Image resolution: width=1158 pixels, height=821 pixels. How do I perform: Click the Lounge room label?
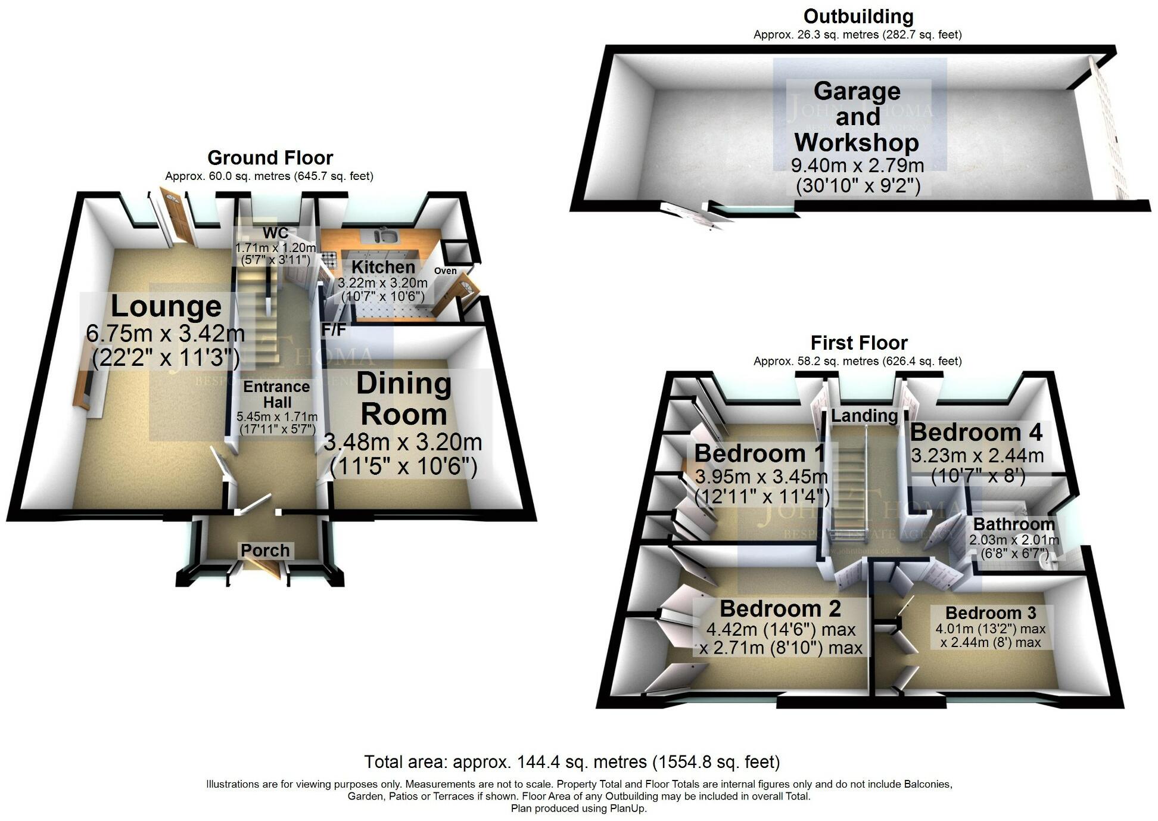click(166, 307)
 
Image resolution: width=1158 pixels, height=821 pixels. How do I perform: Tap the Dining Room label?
click(403, 399)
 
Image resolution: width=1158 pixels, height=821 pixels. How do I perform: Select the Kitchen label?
click(383, 267)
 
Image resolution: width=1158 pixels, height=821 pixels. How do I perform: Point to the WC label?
click(276, 233)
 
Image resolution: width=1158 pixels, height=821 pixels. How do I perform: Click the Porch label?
click(265, 550)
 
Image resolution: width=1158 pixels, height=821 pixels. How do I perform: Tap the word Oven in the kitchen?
click(445, 271)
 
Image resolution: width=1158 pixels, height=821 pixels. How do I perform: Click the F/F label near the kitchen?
click(334, 329)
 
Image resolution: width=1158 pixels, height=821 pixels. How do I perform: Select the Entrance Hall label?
click(277, 394)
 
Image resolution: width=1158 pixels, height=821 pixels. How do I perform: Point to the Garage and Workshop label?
click(857, 117)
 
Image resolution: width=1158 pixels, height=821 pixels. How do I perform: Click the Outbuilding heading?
click(858, 16)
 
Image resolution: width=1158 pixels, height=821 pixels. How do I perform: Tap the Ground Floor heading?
click(270, 158)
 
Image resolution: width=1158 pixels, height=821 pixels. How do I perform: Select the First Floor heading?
click(859, 343)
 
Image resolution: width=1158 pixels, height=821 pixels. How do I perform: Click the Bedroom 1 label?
click(759, 453)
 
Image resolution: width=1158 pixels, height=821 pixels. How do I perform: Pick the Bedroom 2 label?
click(780, 609)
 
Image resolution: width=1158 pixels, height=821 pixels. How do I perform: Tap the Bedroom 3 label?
click(991, 613)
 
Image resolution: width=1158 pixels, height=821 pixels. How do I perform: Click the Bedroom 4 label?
click(976, 432)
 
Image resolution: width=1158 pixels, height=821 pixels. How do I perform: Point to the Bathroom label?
click(1014, 524)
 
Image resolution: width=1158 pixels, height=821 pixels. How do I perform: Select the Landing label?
click(864, 415)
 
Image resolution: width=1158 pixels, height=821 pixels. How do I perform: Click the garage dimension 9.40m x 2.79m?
click(857, 165)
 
